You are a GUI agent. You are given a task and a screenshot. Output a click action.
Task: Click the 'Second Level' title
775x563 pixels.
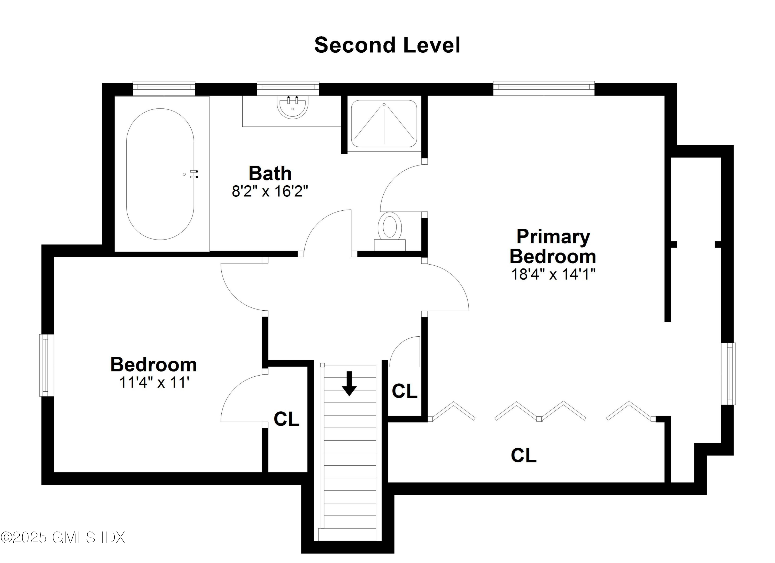(387, 45)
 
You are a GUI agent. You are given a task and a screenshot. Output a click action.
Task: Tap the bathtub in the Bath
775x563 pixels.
(160, 174)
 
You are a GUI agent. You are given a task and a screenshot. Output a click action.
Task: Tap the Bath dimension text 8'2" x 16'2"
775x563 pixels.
(270, 192)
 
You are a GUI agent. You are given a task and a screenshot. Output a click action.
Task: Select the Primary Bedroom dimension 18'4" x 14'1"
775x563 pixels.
(553, 274)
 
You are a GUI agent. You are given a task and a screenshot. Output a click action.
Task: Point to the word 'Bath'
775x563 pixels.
(270, 173)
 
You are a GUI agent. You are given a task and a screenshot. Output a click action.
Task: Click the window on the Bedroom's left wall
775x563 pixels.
(47, 365)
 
